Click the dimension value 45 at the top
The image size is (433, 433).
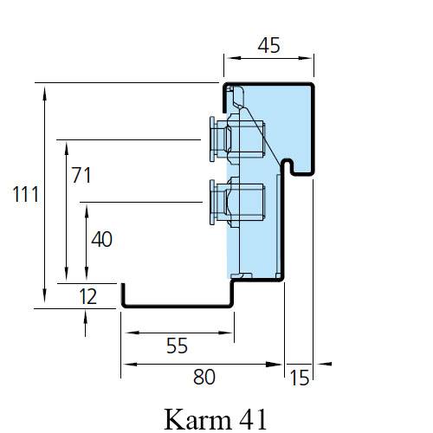268,46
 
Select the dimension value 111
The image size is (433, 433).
26,194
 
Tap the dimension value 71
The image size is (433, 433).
81,175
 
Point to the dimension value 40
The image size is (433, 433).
101,239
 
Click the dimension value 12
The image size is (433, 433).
87,296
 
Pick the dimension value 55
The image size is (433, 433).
177,346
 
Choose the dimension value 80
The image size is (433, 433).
204,377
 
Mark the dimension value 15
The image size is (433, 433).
300,378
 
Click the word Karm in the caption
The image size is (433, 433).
197,419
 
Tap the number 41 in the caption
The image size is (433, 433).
253,419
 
